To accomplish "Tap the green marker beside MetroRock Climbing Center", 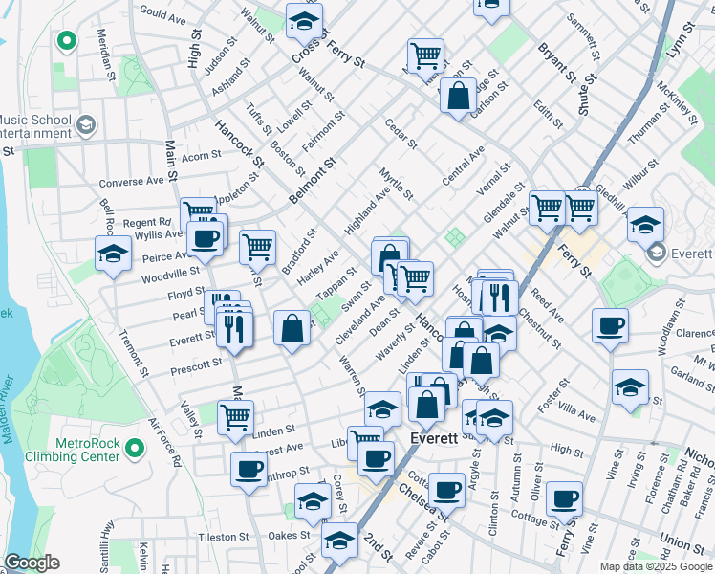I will coord(134,446).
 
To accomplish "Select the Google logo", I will coord(32,563).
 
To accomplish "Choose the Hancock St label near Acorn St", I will coord(232,140).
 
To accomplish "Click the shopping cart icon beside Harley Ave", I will coord(258,246).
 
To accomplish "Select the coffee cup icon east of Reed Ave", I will coord(610,325).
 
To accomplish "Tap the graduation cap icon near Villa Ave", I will coord(630,387).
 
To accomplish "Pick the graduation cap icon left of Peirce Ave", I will coord(113,254).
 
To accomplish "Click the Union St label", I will coord(682,543).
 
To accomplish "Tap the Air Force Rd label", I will coord(164,440).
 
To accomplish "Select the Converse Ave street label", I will coord(132,182).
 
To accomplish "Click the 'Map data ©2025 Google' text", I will coord(656,566).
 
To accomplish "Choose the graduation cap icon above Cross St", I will coord(304,20).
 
